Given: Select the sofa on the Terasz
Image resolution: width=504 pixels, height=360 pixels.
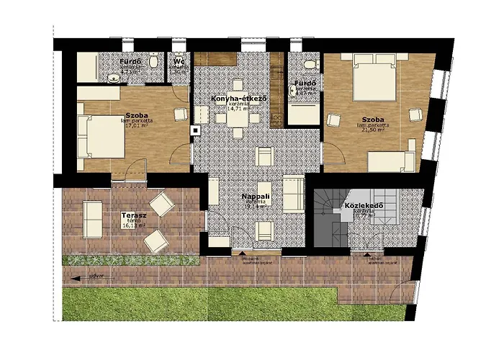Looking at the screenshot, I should tap(92, 219).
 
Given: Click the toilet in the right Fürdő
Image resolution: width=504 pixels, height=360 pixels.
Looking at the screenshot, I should tap(310, 66).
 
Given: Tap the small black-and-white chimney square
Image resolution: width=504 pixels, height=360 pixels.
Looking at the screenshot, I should tap(194, 131).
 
